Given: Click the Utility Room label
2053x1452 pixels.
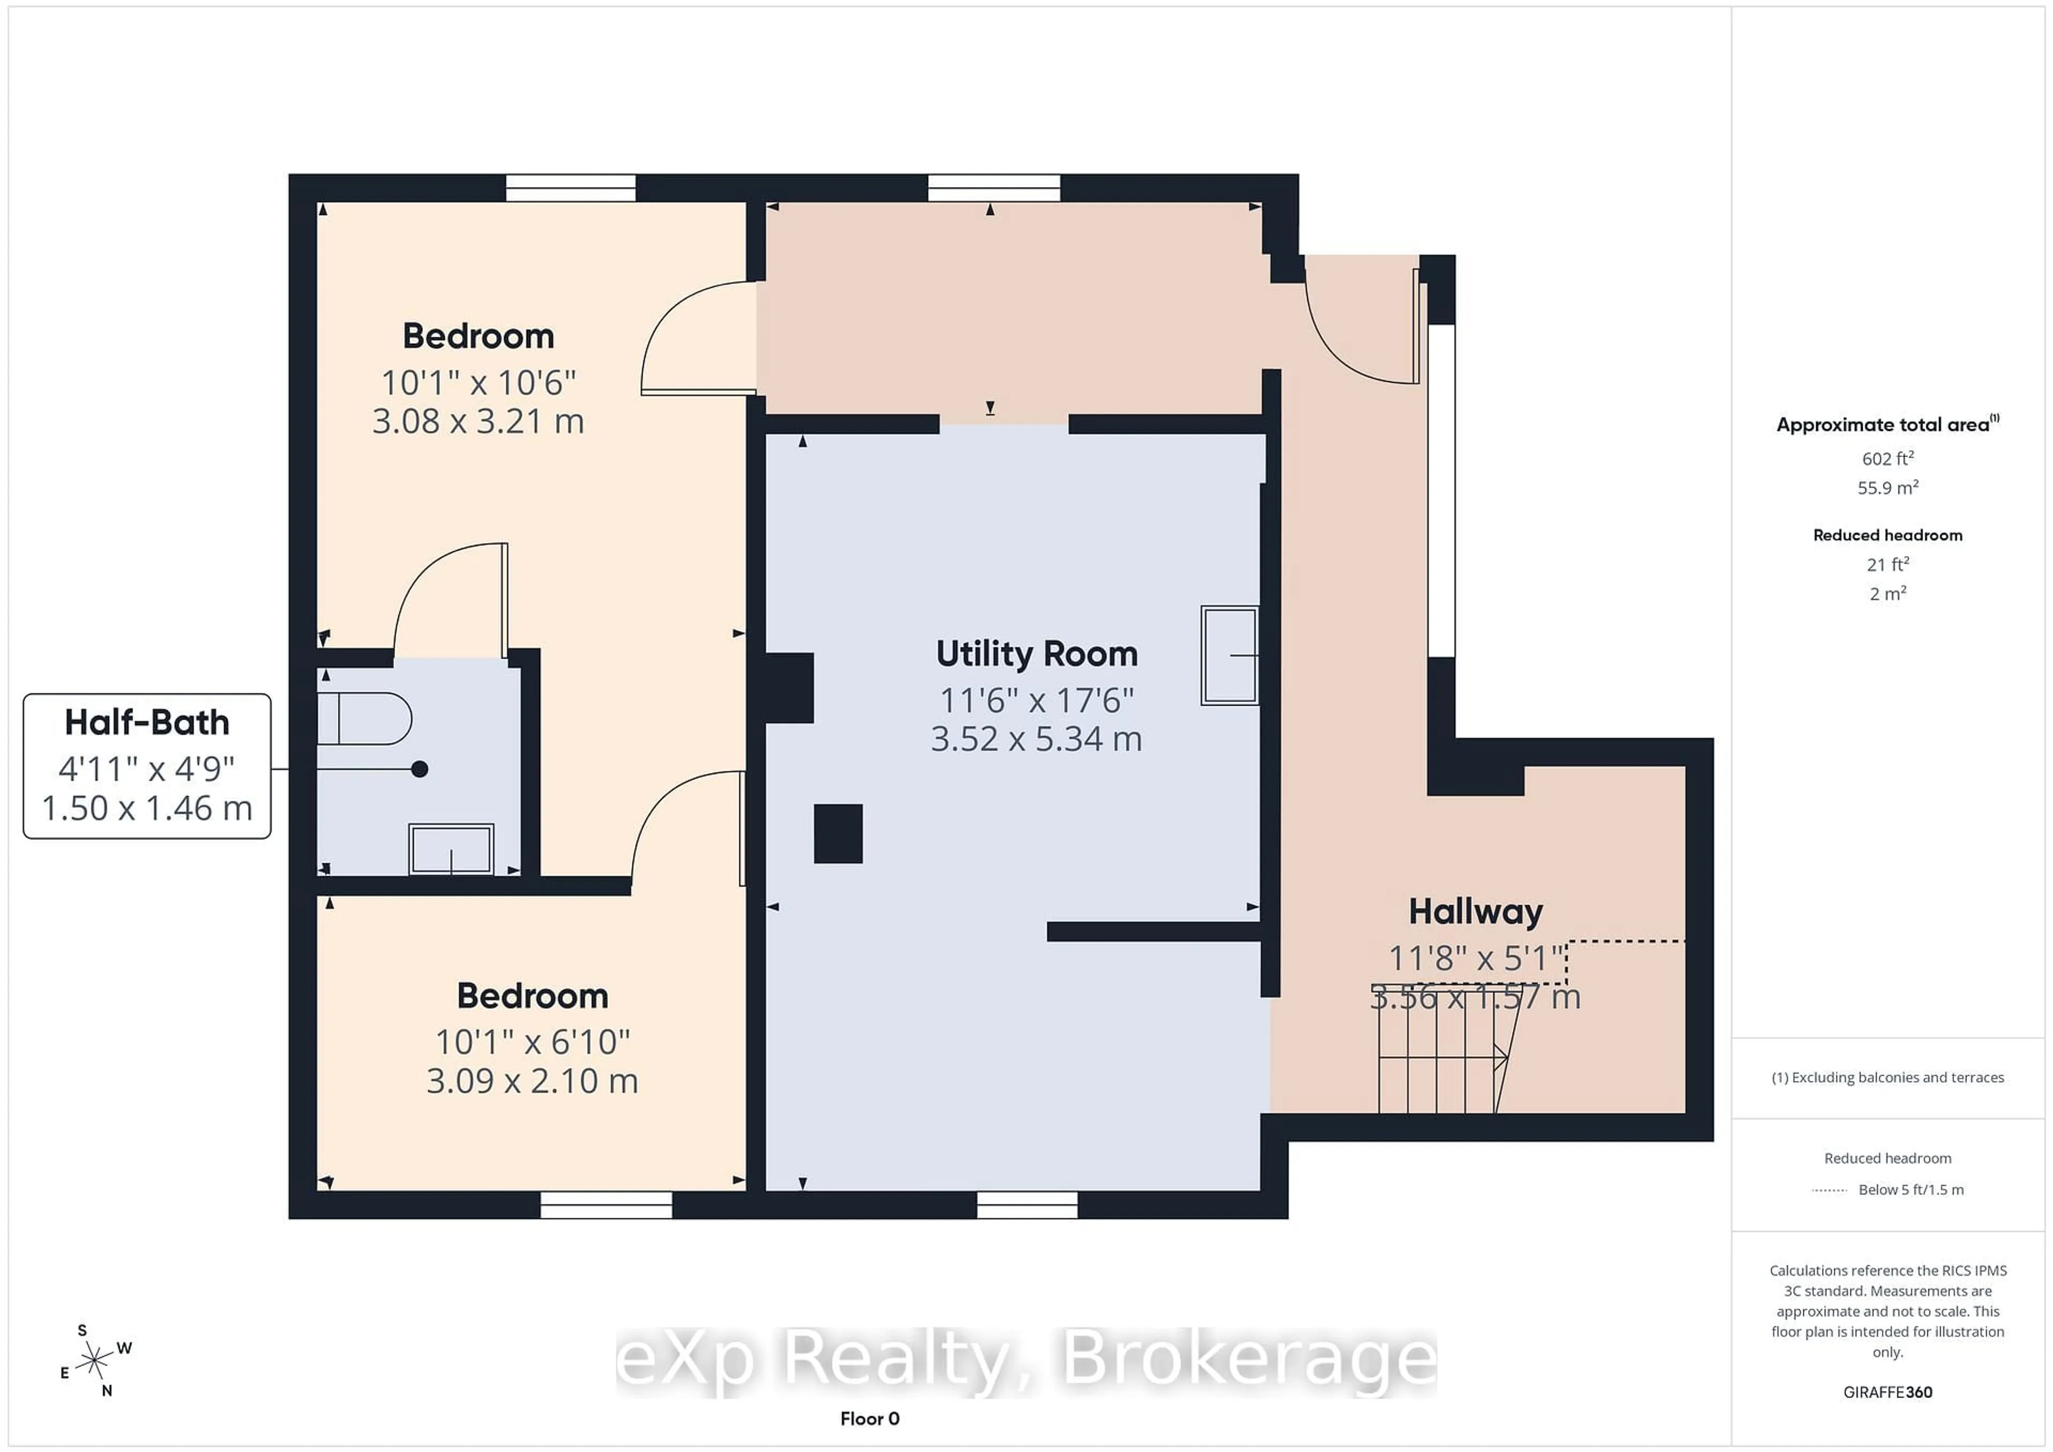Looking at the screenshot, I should coord(1036,654).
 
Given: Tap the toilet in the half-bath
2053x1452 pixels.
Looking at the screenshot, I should coord(364,718).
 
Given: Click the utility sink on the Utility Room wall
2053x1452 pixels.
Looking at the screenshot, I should coord(1230,655).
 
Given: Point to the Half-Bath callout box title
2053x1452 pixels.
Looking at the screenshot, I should coord(146,722).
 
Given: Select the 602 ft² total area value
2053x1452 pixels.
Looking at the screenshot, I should coord(1888,459).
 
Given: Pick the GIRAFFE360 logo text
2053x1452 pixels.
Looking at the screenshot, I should coord(1888,1392).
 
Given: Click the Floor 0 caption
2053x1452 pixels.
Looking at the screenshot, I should coord(869,1419).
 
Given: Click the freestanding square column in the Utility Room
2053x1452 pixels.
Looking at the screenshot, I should coord(838,833).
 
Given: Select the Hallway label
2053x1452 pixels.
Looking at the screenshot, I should coord(1476,912).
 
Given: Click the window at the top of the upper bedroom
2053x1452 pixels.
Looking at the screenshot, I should coord(570,188).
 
